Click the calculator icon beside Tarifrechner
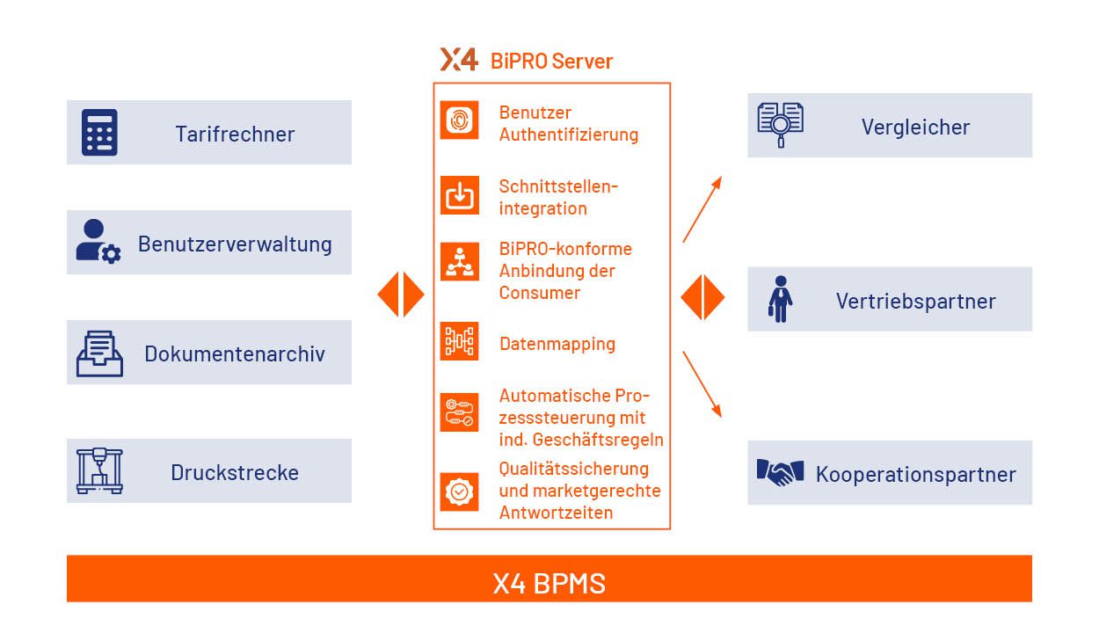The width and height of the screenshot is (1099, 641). [x=99, y=133]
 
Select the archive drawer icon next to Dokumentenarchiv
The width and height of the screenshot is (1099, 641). [x=99, y=353]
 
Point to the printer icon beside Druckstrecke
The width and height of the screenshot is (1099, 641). [x=99, y=471]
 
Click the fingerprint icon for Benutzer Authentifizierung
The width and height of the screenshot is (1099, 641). [x=459, y=120]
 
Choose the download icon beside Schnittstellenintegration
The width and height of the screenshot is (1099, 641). [x=459, y=195]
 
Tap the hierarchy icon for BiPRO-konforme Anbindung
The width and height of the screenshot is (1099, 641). [x=459, y=261]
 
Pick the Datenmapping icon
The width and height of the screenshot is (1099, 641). [x=459, y=342]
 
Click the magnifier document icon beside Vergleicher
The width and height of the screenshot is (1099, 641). [x=780, y=124]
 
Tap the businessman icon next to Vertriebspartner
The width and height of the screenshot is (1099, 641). [x=780, y=300]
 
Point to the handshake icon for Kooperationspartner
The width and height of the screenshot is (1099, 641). [x=780, y=472]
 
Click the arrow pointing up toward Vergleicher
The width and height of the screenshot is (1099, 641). [x=702, y=208]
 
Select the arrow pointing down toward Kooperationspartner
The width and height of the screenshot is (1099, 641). [x=702, y=384]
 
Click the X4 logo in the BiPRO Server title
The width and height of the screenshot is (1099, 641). [x=459, y=60]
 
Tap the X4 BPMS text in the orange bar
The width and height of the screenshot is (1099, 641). [x=549, y=583]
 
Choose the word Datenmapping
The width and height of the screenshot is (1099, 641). [x=557, y=344]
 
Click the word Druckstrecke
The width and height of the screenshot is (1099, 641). [x=235, y=472]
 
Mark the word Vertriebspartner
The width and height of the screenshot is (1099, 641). [x=915, y=301]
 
